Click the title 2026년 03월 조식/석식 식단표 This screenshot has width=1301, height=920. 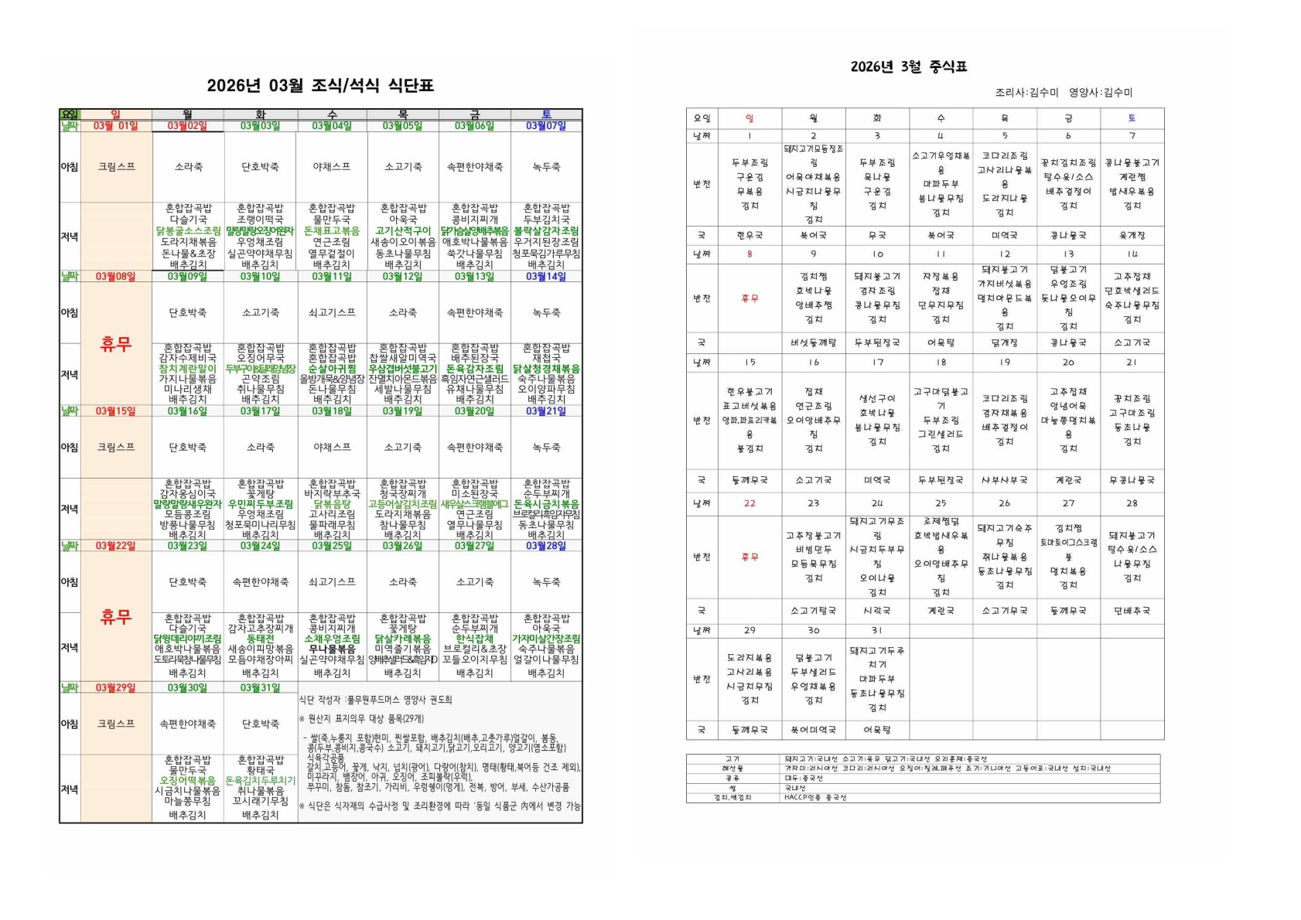click(x=320, y=86)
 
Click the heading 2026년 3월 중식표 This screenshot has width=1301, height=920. click(x=909, y=66)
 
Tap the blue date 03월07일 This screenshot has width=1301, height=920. click(x=546, y=126)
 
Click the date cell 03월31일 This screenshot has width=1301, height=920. click(x=260, y=687)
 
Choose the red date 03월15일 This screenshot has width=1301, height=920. click(x=116, y=411)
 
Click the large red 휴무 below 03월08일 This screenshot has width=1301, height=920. click(x=116, y=344)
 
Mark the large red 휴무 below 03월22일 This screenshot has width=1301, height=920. click(x=116, y=616)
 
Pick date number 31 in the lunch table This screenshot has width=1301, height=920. click(x=877, y=630)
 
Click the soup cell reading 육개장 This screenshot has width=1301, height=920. click(x=1132, y=235)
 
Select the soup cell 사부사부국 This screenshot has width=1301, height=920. click(x=1004, y=480)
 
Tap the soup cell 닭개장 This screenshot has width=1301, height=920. click(x=1004, y=342)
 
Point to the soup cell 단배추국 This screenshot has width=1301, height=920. click(x=1132, y=611)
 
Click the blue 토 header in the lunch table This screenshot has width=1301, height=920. click(x=1132, y=118)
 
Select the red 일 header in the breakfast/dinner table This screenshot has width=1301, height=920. click(x=116, y=114)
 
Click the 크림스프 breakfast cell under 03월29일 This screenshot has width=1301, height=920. click(x=116, y=724)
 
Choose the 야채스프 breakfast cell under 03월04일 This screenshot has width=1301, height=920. click(x=332, y=167)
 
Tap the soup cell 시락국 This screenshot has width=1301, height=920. click(x=877, y=611)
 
